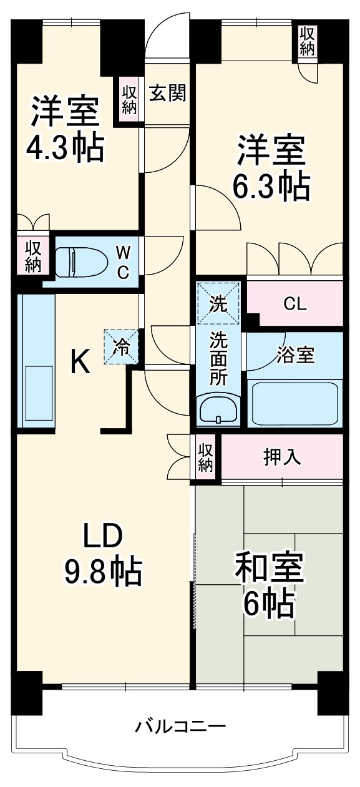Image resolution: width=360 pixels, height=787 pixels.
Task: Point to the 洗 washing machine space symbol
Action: tap(218, 304)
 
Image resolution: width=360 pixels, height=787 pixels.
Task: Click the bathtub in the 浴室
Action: tap(295, 403)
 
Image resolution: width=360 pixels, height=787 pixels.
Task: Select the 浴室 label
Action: tap(296, 354)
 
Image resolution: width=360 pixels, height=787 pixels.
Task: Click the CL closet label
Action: tap(294, 304)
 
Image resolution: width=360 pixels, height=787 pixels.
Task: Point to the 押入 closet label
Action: tap(283, 457)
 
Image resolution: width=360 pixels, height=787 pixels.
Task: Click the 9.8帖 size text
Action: tap(104, 571)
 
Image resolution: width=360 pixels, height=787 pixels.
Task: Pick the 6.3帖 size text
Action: tap(271, 185)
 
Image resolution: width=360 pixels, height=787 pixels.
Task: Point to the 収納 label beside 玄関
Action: tap(129, 98)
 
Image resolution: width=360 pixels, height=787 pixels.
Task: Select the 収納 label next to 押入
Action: tap(205, 457)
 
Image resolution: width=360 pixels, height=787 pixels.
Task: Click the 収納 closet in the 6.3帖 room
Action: tap(306, 41)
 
